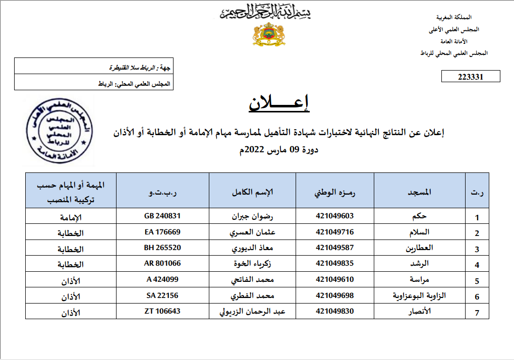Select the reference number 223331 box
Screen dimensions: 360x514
click(471, 77)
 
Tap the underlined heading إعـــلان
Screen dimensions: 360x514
click(279, 103)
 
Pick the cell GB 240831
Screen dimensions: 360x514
click(162, 216)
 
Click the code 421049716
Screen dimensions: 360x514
click(335, 232)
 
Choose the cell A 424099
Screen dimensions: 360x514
click(162, 279)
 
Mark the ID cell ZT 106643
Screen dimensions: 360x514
click(162, 311)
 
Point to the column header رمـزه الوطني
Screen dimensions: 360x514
click(335, 193)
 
